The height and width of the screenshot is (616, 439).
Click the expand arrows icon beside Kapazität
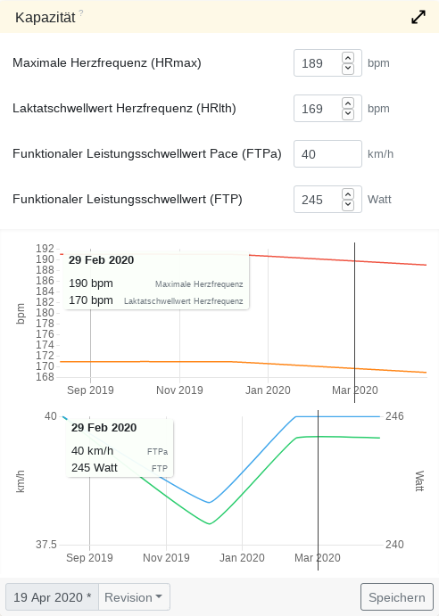pyautogui.click(x=418, y=17)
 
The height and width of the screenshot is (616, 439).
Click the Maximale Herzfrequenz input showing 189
pyautogui.click(x=317, y=64)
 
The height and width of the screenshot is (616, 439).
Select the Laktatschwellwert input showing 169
pyautogui.click(x=317, y=109)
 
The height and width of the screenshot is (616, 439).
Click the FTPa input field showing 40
pyautogui.click(x=327, y=154)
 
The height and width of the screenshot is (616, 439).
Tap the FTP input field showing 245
pyautogui.click(x=317, y=200)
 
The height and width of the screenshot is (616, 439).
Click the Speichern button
pyautogui.click(x=396, y=597)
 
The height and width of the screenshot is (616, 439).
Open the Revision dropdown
pyautogui.click(x=134, y=597)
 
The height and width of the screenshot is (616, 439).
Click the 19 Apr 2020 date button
pyautogui.click(x=52, y=597)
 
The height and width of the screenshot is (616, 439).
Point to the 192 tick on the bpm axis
pyautogui.click(x=45, y=249)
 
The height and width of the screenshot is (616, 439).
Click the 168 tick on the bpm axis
pyautogui.click(x=45, y=377)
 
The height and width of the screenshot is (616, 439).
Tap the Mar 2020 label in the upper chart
pyautogui.click(x=354, y=390)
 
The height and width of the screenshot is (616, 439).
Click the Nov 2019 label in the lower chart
pyautogui.click(x=166, y=558)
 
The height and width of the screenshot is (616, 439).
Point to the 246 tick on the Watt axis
pyautogui.click(x=395, y=416)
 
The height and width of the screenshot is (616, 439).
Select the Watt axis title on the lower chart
pyautogui.click(x=419, y=480)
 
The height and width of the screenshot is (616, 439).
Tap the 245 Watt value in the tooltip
pyautogui.click(x=95, y=467)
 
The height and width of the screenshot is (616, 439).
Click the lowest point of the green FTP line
pyautogui.click(x=210, y=524)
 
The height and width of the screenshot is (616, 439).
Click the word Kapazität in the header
pyautogui.click(x=44, y=17)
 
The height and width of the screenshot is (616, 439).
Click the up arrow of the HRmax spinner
pyautogui.click(x=348, y=58)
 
